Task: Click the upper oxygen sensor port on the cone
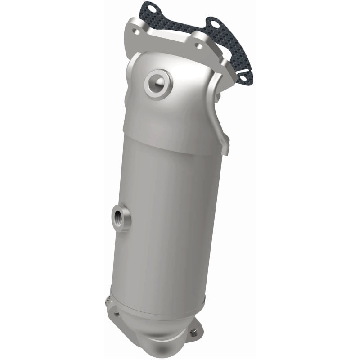(x=158, y=82)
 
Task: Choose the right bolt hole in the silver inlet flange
(x=198, y=45)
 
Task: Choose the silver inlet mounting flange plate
(x=166, y=38)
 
